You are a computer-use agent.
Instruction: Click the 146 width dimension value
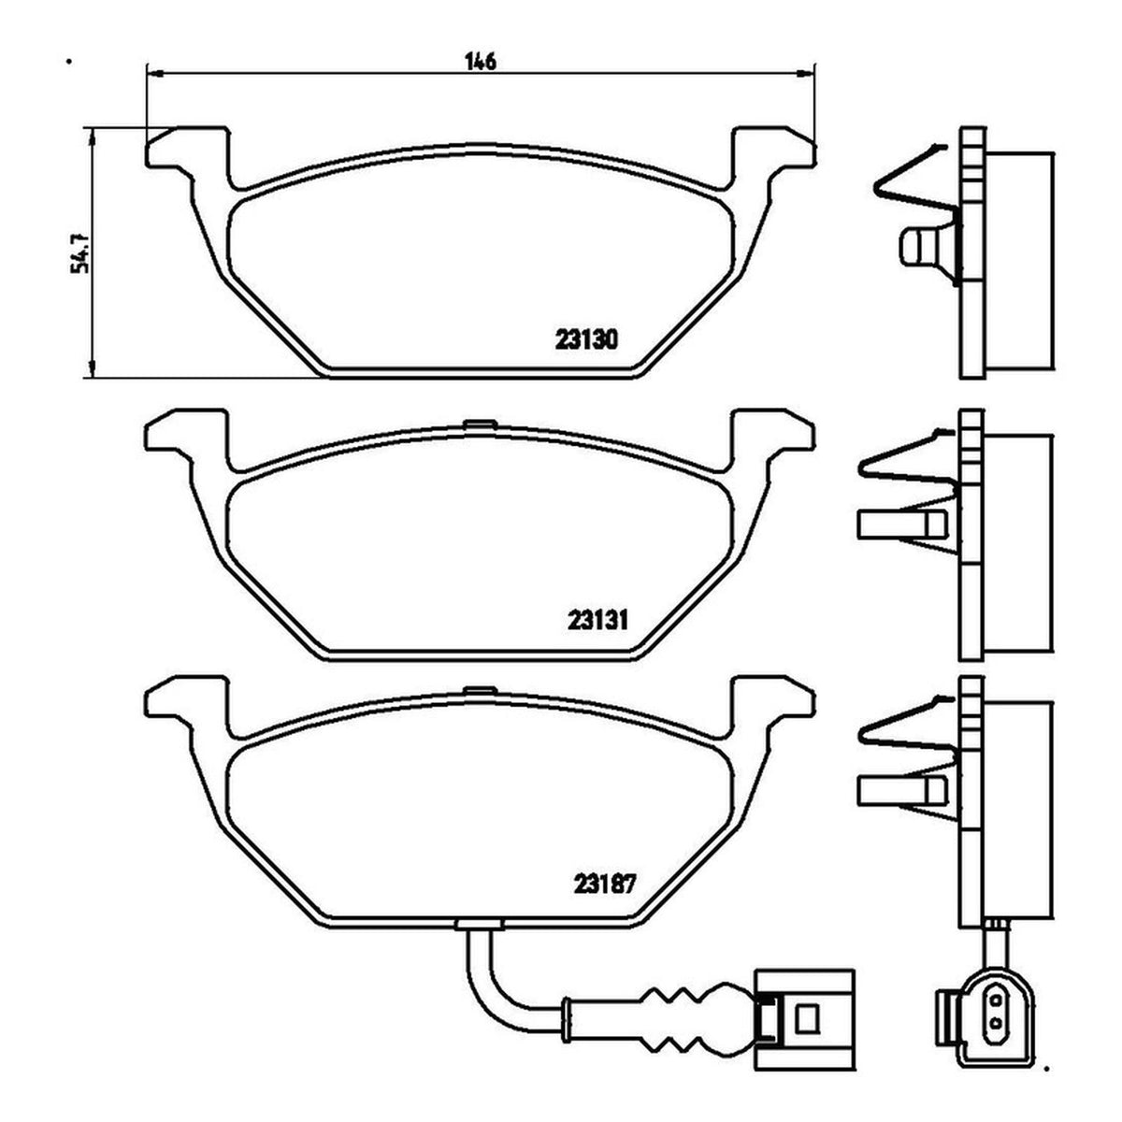click(481, 61)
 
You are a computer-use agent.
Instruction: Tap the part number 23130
click(585, 340)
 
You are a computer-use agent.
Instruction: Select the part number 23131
click(598, 621)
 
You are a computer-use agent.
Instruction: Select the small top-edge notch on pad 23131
click(481, 424)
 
